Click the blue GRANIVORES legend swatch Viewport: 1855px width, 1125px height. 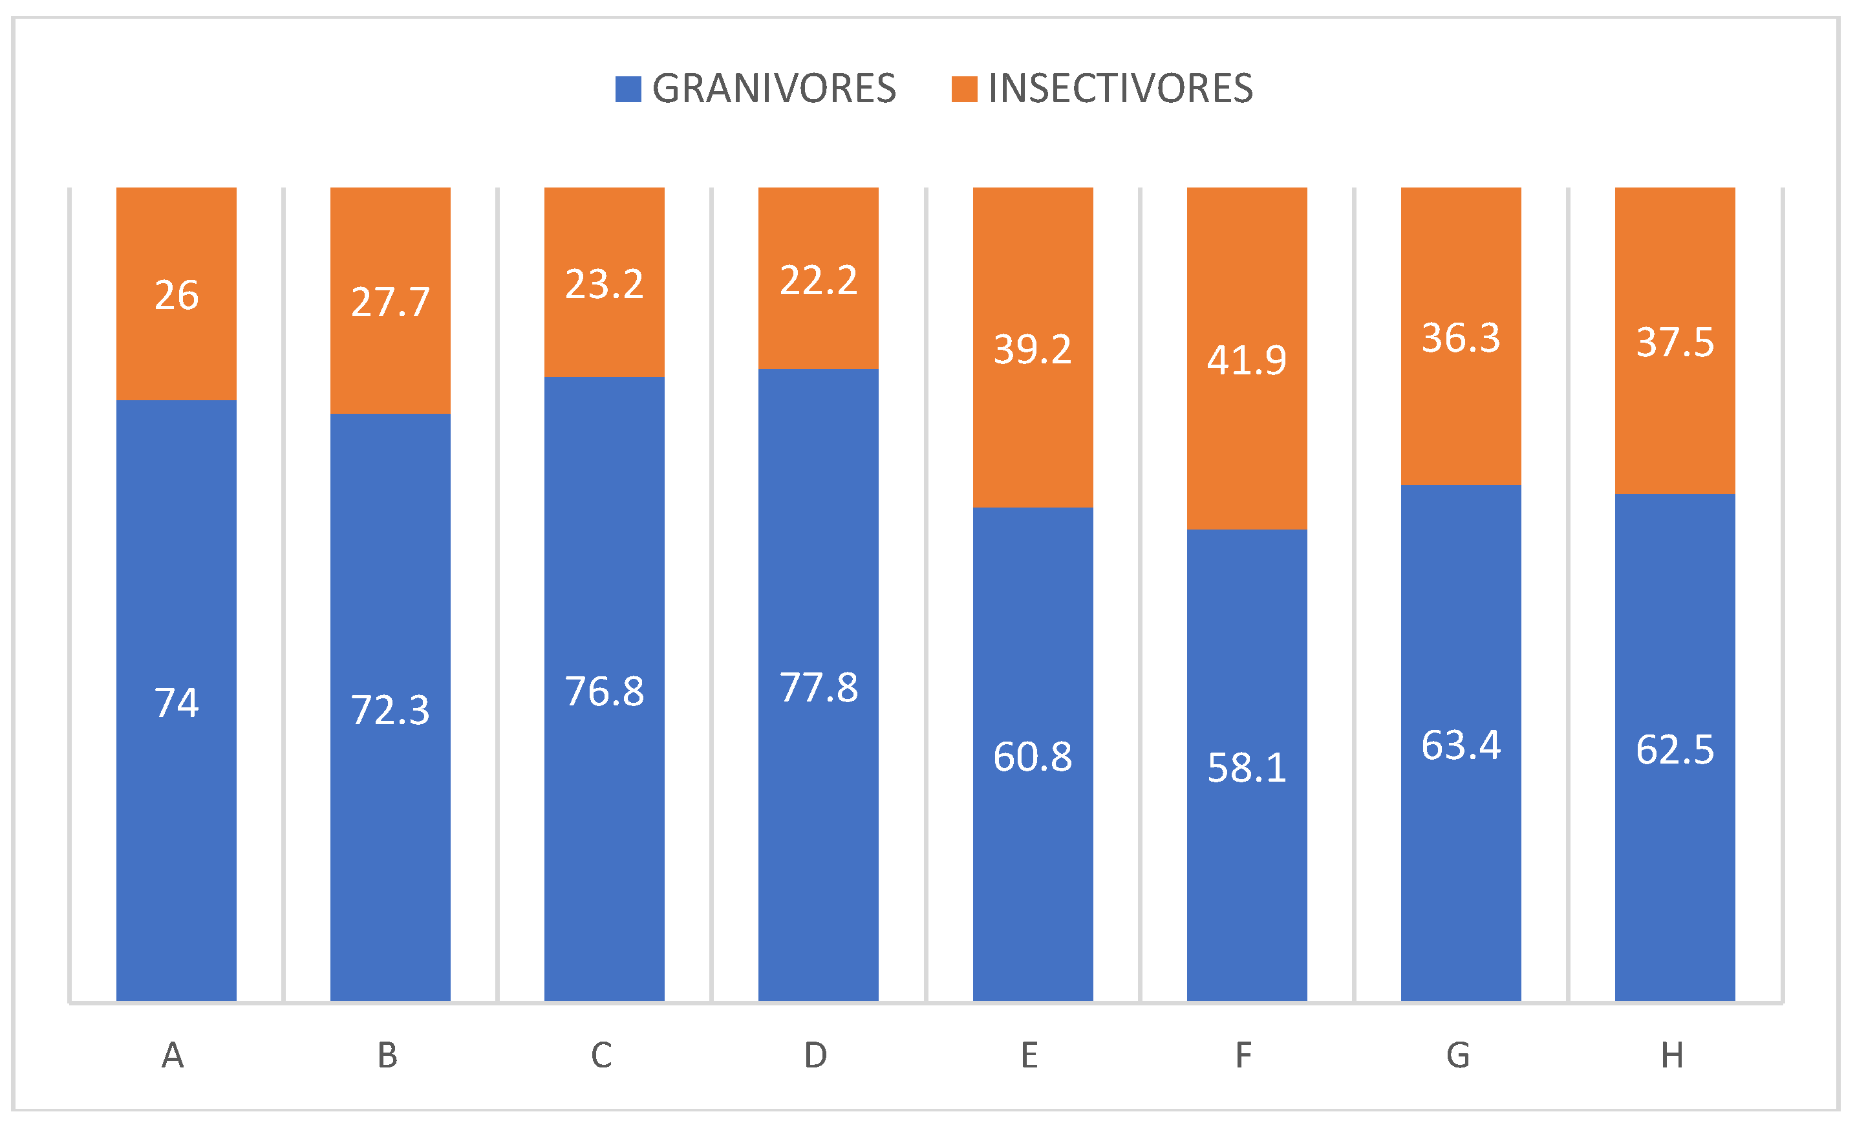628,89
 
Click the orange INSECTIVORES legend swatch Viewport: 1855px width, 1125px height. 965,89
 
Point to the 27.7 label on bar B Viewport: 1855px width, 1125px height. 390,302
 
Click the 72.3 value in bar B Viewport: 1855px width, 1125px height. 390,710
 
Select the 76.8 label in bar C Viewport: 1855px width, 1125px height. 605,691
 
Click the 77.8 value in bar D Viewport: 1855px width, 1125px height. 819,687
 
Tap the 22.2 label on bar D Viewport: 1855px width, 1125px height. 819,281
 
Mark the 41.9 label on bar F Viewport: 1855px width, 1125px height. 1247,360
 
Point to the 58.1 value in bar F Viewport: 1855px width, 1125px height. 1247,768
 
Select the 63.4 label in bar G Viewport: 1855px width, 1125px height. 1461,745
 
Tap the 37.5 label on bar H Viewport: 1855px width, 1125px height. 1675,342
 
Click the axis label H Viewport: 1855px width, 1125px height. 1672,1056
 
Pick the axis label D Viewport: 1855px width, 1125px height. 815,1056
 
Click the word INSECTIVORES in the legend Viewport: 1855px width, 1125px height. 1121,89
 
